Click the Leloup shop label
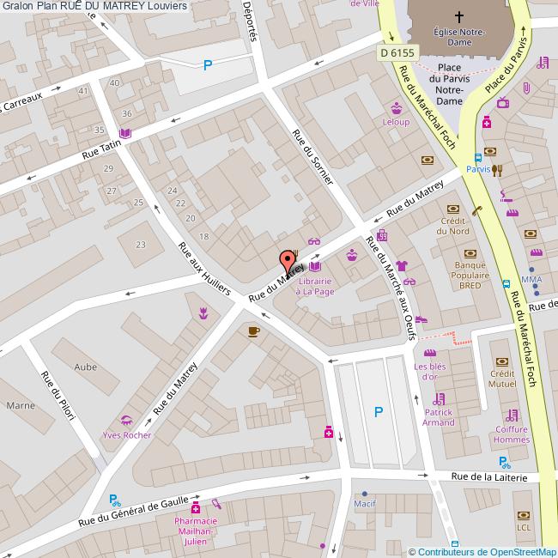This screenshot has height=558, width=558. pyautogui.click(x=396, y=122)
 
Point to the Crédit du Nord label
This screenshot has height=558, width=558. pyautogui.click(x=453, y=226)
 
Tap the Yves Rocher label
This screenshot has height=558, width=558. pyautogui.click(x=126, y=434)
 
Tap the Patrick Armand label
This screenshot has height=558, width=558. pyautogui.click(x=439, y=416)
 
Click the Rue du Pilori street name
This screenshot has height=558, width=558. pyautogui.click(x=58, y=395)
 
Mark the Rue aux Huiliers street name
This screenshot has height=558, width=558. pyautogui.click(x=203, y=269)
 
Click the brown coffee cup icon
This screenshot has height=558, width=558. pyautogui.click(x=253, y=331)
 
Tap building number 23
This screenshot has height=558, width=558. pyautogui.click(x=141, y=245)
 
